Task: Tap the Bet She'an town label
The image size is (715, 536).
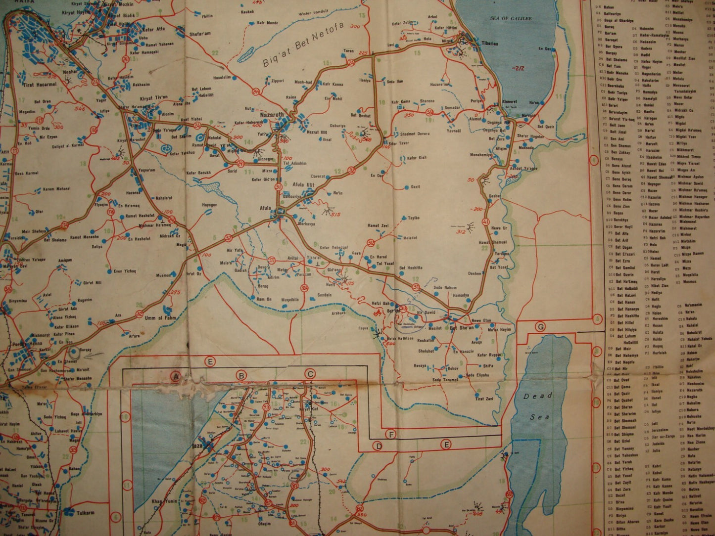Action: point(461,327)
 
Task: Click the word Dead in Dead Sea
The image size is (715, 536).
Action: point(537,396)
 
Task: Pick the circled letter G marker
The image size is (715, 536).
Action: point(540,327)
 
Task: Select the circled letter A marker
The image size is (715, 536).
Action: point(174,376)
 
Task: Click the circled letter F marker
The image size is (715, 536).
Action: point(391,435)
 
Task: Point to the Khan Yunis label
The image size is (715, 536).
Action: point(164,501)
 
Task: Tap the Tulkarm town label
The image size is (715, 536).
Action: point(86,513)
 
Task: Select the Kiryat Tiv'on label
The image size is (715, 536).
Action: point(154,97)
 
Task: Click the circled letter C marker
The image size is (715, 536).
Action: point(310,374)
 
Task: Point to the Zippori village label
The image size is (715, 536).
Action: point(277,80)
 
